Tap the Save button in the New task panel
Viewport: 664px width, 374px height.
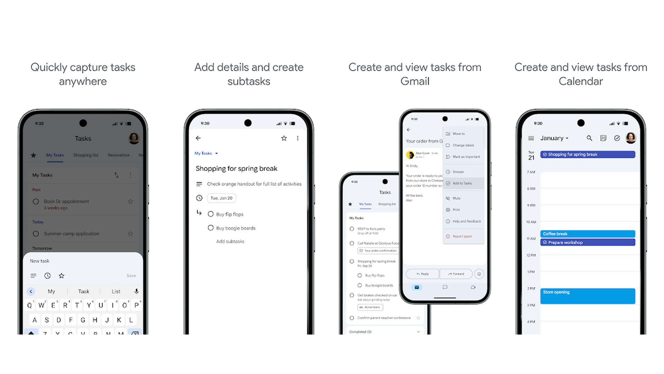[x=131, y=276]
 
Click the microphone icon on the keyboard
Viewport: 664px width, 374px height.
[x=137, y=291]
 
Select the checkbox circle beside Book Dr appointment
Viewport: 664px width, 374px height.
[x=36, y=201]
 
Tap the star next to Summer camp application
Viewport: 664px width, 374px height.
[x=130, y=234]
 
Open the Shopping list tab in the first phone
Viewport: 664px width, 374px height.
[x=86, y=155]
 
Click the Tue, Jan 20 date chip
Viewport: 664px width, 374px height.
[x=221, y=198]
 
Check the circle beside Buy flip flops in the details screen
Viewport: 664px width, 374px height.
[x=211, y=214]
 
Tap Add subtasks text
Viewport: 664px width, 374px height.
[x=230, y=241]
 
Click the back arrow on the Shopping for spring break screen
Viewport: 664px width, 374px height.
[x=198, y=138]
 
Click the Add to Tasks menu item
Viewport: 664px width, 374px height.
[x=462, y=183]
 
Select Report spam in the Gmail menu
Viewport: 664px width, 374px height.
[x=462, y=236]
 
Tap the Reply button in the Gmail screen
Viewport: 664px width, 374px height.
[x=422, y=274]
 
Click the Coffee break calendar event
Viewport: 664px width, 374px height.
[x=587, y=234]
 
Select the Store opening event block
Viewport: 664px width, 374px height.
[x=587, y=296]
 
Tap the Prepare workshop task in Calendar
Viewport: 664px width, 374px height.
[x=587, y=242]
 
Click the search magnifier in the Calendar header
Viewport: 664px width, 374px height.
[x=589, y=138]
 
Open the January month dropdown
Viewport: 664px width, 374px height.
[x=554, y=138]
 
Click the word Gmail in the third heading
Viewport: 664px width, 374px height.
[x=415, y=81]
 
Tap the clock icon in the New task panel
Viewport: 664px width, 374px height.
[x=47, y=276]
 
